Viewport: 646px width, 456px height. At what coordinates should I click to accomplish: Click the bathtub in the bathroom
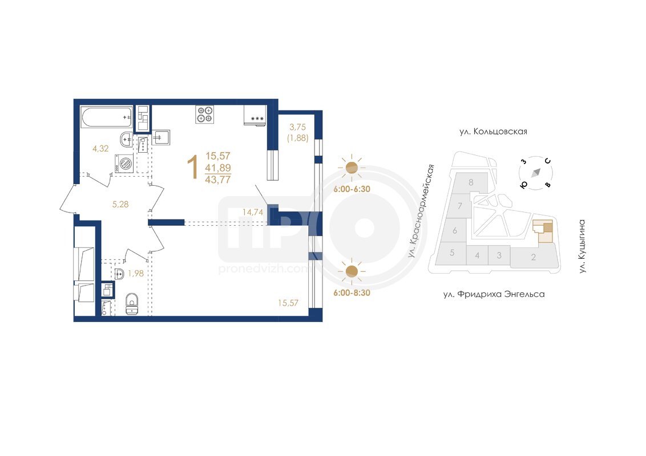107,118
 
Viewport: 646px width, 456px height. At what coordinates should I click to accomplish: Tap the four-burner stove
204,114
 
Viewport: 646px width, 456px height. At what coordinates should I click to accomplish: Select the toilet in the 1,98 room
132,304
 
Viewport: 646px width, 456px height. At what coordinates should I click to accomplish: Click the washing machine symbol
124,163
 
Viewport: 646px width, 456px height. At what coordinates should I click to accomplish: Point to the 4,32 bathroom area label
100,149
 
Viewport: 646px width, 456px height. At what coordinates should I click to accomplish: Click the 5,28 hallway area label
120,204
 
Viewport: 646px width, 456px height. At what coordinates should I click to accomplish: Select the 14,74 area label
253,213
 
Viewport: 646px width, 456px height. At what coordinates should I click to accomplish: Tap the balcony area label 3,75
297,127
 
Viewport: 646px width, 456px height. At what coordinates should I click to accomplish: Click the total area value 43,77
218,180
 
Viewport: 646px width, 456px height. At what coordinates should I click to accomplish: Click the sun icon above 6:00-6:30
352,168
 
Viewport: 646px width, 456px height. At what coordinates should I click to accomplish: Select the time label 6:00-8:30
352,292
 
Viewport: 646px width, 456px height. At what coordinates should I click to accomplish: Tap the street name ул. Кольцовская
493,132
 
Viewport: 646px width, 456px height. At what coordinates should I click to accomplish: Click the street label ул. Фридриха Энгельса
494,294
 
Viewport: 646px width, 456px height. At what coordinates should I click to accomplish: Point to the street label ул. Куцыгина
582,246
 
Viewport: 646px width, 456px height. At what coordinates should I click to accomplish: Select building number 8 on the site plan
471,182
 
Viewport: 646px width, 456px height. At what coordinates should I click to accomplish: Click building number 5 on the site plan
452,253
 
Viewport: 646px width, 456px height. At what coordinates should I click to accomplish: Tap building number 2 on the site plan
534,257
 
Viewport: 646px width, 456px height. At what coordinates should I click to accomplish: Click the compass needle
536,173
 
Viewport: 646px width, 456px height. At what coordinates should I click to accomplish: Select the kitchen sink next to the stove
161,137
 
